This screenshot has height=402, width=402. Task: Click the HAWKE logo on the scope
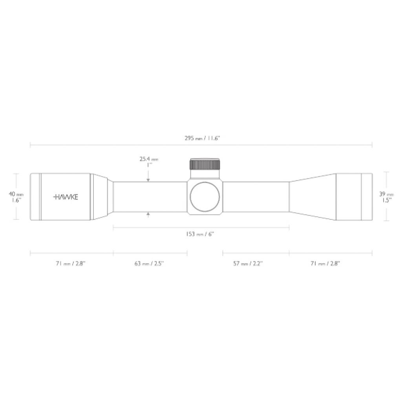click(x=65, y=197)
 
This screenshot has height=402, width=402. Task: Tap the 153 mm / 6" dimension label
click(x=200, y=234)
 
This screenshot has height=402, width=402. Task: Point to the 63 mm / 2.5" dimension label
click(x=149, y=263)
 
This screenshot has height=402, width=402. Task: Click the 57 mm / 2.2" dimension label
click(x=248, y=263)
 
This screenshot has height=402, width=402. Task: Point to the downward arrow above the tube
click(x=148, y=179)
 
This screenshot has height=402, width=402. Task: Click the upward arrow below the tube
click(x=148, y=214)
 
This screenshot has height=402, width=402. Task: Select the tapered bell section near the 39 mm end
click(x=312, y=197)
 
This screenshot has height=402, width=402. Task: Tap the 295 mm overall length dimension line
click(x=118, y=145)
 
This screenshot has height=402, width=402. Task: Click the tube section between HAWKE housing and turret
click(x=149, y=197)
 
